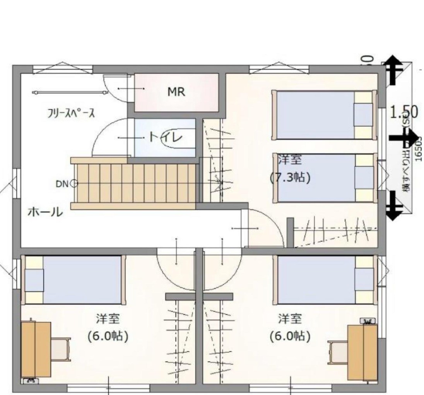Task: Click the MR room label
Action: point(176,92)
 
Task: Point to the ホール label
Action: point(45,212)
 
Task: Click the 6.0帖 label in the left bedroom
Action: point(108,336)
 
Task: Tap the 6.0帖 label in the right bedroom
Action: point(290,336)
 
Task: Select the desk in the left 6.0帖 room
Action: point(36,349)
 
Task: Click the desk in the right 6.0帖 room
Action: point(362,352)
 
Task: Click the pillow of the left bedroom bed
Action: point(34,280)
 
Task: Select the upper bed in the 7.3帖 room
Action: point(324,115)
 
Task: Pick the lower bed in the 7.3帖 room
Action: point(324,178)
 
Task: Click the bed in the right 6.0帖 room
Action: point(324,280)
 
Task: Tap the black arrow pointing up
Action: point(393,70)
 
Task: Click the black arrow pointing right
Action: point(404,138)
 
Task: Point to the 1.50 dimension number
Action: point(404,112)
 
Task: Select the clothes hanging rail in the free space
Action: point(70,92)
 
